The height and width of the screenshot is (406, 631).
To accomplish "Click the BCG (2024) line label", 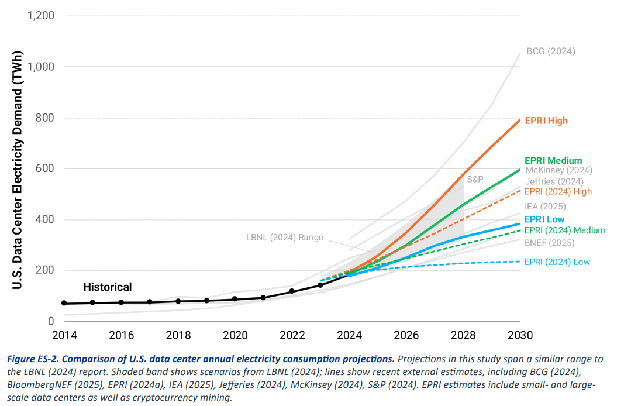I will (x=550, y=51).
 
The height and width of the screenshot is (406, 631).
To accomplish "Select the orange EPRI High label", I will (x=546, y=121).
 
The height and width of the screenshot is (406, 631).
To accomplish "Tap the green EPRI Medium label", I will (x=553, y=160).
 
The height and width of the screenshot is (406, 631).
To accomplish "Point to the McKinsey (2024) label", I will (x=558, y=170).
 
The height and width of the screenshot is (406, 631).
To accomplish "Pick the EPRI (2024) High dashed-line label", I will (x=558, y=191).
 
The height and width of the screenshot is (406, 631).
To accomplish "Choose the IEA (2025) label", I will (x=545, y=206).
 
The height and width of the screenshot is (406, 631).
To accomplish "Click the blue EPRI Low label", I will (x=544, y=219).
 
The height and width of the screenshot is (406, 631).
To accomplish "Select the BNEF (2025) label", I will (x=549, y=243).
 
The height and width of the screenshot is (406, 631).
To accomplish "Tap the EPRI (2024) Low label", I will (x=557, y=262).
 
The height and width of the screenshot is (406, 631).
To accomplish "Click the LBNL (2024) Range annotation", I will (x=280, y=238).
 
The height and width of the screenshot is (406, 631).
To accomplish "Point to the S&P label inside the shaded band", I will (x=475, y=178).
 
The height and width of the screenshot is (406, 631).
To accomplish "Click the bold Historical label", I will (x=108, y=287).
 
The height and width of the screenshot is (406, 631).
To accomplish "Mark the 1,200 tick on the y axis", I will (x=42, y=15).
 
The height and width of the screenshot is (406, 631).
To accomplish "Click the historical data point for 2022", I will (x=292, y=291).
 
